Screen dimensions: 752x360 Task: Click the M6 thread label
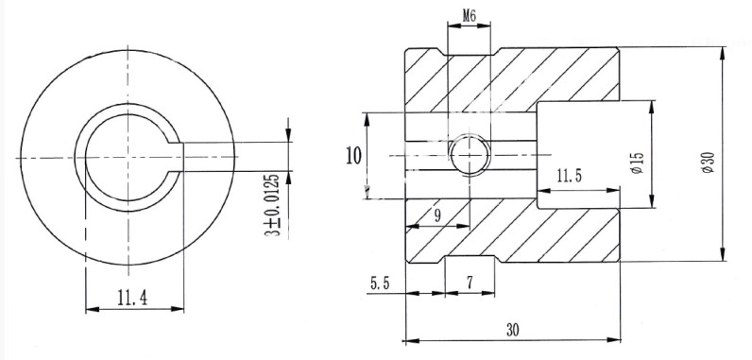469,16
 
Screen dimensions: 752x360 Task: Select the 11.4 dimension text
133,299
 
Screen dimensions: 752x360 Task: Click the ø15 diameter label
638,163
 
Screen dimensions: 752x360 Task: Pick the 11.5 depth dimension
569,176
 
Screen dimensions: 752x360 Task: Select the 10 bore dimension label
353,156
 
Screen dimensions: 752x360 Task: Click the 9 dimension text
436,215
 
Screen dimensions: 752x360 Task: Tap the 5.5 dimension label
380,283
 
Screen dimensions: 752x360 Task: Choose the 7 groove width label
470,283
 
